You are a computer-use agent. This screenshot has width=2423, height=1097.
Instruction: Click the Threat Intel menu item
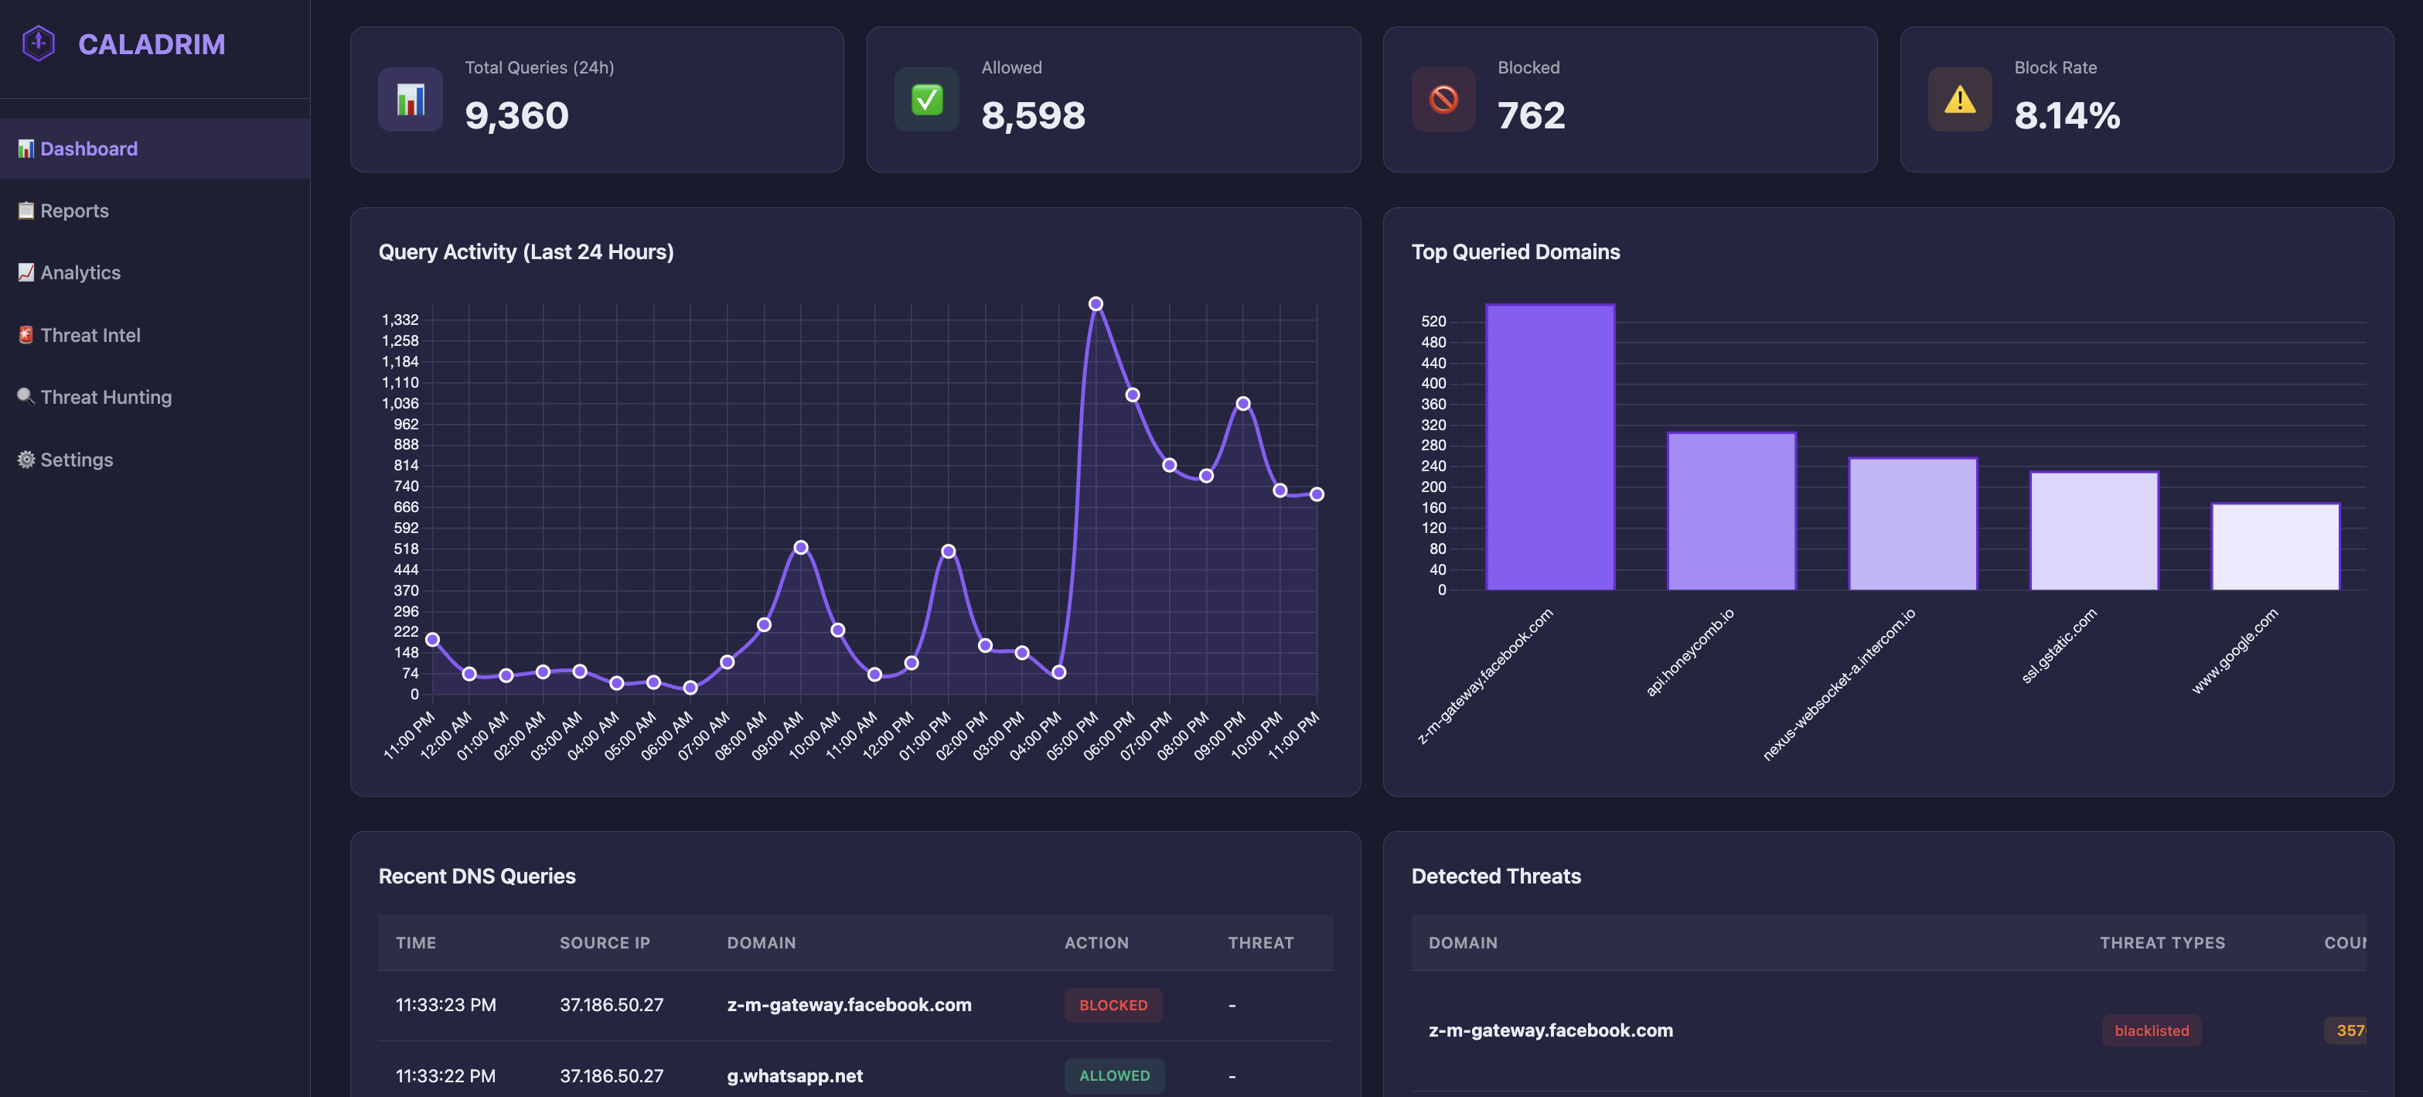coord(90,335)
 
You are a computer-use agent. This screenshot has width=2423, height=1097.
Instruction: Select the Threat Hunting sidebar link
coord(105,397)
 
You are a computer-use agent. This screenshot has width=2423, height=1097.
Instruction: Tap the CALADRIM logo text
coord(152,44)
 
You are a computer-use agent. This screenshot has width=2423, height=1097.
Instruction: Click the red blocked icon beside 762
coord(1443,100)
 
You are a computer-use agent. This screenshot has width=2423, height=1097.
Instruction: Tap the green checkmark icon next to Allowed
coord(926,100)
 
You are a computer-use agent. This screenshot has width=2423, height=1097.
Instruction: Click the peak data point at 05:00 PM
coord(1096,304)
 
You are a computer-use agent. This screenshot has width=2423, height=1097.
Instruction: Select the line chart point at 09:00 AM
coord(800,548)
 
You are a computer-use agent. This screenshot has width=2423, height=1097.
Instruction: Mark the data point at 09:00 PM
coord(1242,404)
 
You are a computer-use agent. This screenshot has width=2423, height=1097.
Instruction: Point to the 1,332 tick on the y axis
coord(400,320)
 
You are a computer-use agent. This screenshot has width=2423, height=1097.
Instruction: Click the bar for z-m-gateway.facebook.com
coord(1550,448)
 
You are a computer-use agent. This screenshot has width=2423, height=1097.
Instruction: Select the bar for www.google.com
coord(2275,548)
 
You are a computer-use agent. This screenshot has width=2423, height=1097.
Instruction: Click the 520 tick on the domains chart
coord(1433,322)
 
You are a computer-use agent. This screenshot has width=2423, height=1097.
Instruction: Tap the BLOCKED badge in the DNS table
coord(1113,1005)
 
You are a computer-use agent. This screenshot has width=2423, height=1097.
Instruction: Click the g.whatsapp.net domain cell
coord(795,1075)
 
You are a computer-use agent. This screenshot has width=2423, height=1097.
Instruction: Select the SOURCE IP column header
coord(604,943)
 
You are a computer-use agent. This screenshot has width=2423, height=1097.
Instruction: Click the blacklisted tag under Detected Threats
coord(2151,1030)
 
